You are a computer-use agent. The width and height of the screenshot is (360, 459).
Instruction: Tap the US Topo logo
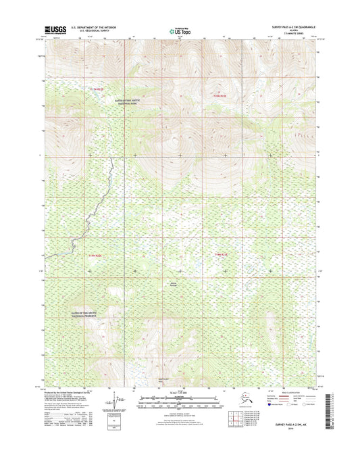pyautogui.click(x=180, y=30)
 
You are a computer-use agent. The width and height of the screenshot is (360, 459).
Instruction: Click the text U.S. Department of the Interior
pyautogui.click(x=90, y=27)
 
